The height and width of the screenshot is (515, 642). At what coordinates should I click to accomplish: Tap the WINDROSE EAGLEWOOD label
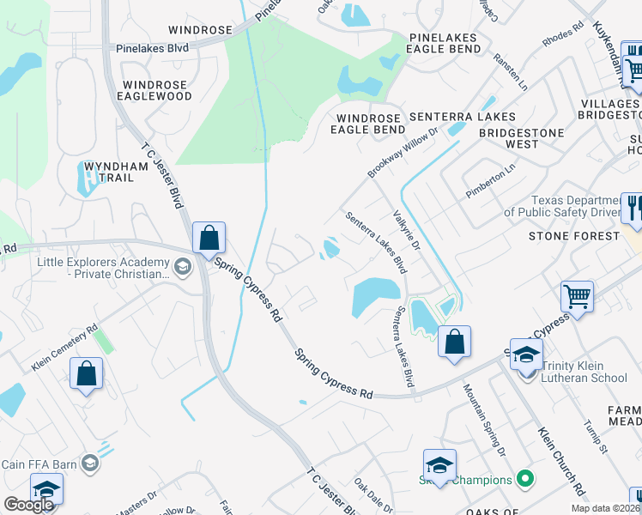(157, 91)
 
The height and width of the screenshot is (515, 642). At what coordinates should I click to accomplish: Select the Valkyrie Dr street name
(405, 231)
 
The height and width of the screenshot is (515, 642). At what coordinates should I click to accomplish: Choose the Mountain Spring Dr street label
(485, 419)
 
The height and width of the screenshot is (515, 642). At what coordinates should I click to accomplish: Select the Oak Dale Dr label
(373, 494)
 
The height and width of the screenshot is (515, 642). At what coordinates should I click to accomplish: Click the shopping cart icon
(577, 297)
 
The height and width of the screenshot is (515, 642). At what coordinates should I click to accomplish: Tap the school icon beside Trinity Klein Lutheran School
(526, 353)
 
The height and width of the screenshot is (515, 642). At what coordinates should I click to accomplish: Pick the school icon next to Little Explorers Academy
(182, 268)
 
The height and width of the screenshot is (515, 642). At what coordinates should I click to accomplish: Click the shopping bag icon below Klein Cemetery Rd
(86, 373)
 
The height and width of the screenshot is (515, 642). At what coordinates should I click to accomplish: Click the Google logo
(28, 505)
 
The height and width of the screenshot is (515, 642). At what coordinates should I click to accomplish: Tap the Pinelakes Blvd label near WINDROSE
(153, 49)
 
